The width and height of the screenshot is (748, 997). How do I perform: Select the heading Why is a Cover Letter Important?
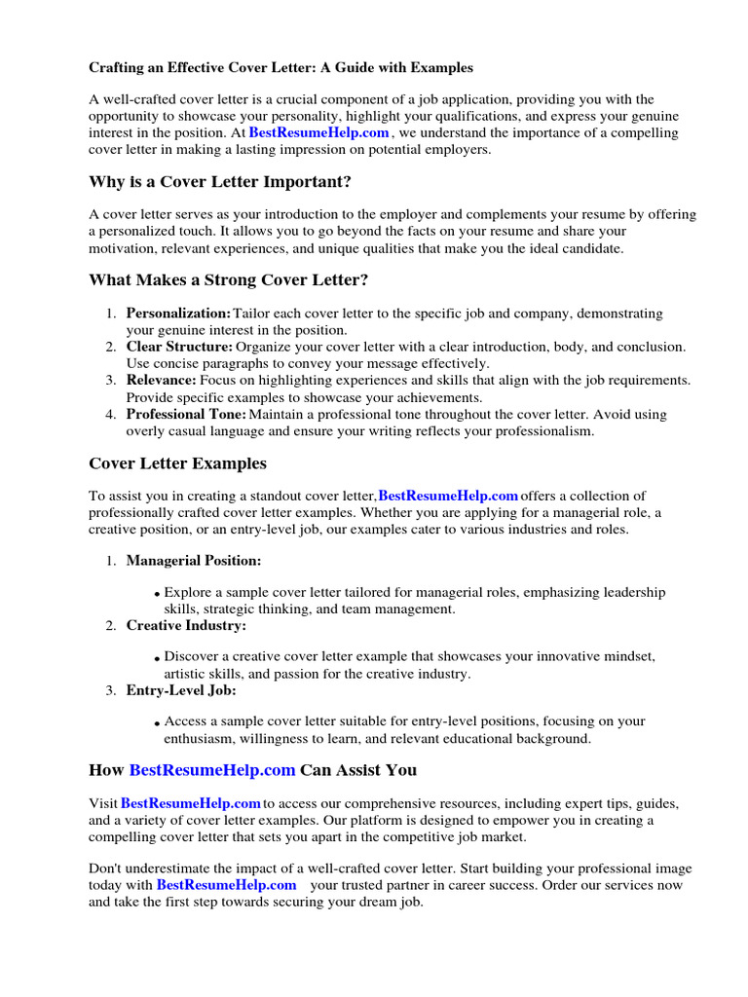point(220,182)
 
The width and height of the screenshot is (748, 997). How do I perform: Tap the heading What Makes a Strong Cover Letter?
point(229,280)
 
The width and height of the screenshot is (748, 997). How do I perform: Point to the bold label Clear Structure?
point(179,347)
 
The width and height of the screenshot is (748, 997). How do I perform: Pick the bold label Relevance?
point(161,380)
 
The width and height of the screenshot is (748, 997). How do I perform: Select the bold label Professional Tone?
point(186,414)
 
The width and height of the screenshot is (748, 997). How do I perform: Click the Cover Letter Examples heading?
point(177,463)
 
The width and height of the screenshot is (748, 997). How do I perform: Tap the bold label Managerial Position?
point(193,561)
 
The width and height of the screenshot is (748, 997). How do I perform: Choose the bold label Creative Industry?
point(186,625)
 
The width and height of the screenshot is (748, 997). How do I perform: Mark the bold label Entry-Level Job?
point(181,690)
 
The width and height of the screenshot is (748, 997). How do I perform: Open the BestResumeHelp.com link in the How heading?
point(211,770)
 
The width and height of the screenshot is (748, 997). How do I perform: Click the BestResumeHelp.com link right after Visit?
point(191,803)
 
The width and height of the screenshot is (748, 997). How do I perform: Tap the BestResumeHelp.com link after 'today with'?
point(226,885)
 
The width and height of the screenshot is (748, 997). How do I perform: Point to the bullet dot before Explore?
point(158,594)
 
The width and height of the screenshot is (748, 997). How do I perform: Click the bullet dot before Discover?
point(158,659)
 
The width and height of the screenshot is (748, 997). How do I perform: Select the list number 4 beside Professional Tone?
point(110,415)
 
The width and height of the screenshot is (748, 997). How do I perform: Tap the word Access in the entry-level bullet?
point(187,721)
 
